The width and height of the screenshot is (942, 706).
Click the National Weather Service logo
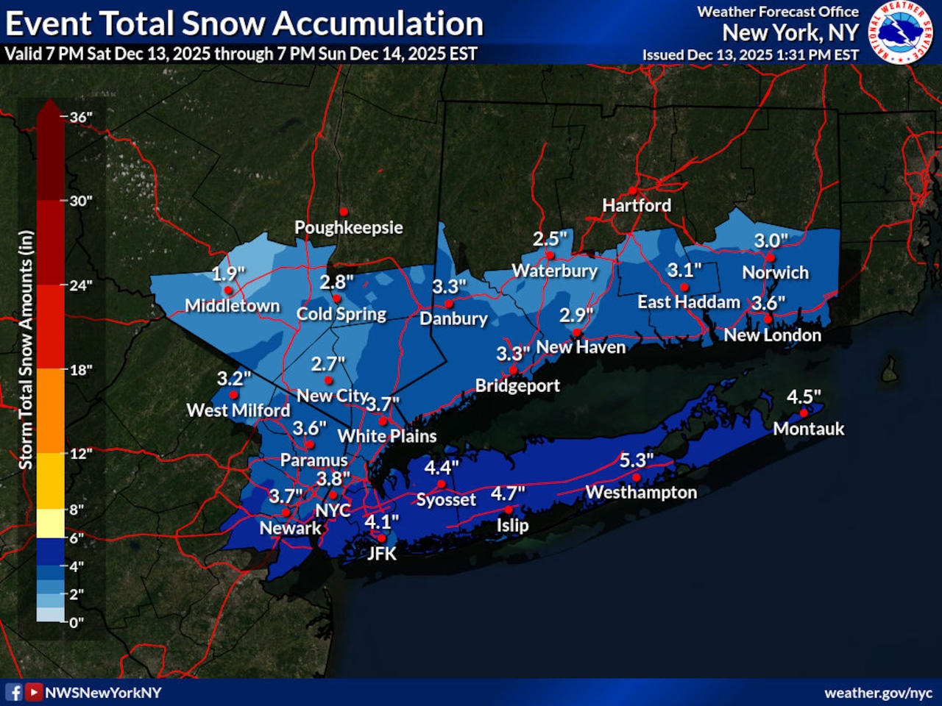(x=902, y=32)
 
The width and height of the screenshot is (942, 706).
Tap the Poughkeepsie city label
(x=348, y=227)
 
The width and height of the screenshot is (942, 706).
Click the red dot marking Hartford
(x=633, y=190)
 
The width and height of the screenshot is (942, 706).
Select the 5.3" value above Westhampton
(x=636, y=460)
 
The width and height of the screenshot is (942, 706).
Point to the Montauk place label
(x=808, y=429)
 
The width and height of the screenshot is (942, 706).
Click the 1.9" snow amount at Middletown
(x=228, y=274)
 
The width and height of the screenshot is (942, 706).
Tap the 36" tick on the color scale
(x=81, y=117)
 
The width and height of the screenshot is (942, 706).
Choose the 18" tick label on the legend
(x=81, y=370)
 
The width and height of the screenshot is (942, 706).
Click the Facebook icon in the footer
(x=14, y=692)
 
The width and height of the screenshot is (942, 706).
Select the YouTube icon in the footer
(x=34, y=692)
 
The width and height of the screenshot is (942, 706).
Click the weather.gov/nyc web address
(x=878, y=693)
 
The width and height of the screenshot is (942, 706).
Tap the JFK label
(x=382, y=554)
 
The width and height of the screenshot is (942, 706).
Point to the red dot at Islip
(x=509, y=510)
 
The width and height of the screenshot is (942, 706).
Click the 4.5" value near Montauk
(x=804, y=397)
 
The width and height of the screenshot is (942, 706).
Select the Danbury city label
(x=453, y=318)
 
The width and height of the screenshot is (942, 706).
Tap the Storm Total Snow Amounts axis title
(x=26, y=349)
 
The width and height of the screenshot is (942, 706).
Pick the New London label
(x=772, y=335)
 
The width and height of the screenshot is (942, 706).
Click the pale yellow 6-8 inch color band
(x=50, y=523)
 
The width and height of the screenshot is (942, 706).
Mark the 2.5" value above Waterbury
(x=550, y=239)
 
